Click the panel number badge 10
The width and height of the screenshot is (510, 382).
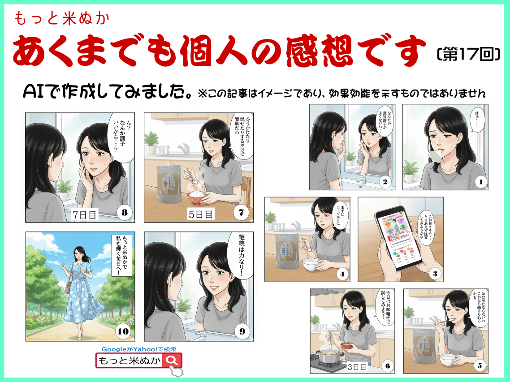122,331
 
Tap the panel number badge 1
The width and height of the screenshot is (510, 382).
480,182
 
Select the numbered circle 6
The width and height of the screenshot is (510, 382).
388,365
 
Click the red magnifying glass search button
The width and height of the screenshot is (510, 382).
173,361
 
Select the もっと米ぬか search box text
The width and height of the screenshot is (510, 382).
130,361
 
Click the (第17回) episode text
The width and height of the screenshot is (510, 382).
467,54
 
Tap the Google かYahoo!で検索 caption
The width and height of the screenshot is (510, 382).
138,349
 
